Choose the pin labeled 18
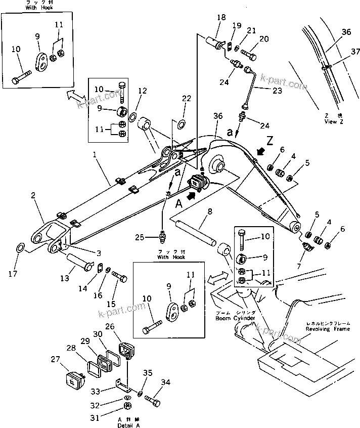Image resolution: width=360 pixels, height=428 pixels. [x=217, y=40]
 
